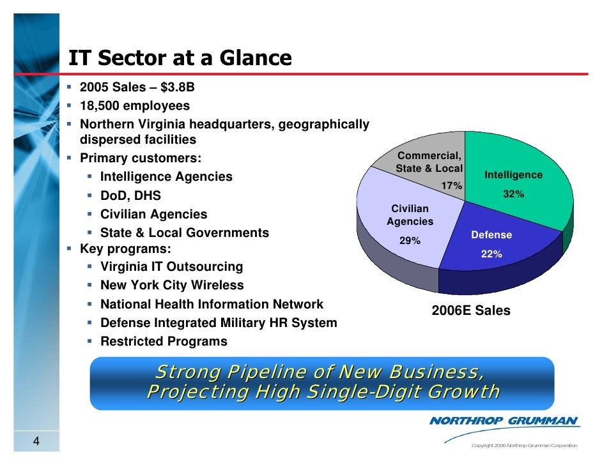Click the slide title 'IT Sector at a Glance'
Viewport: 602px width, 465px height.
point(180,59)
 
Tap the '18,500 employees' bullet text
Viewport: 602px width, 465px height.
point(134,105)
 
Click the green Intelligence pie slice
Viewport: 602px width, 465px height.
point(524,160)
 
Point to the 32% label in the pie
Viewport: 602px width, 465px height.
point(513,194)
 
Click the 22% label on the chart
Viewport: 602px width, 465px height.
point(491,254)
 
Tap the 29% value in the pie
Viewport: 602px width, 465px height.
point(410,241)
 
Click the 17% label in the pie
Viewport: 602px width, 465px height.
point(452,185)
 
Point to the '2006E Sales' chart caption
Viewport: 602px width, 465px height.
point(471,311)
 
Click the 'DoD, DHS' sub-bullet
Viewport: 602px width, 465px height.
point(130,195)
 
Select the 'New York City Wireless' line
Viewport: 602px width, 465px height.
point(172,286)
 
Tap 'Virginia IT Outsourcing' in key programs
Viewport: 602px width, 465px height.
point(171,267)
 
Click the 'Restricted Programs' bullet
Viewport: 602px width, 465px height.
point(164,342)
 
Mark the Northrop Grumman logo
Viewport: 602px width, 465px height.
point(504,421)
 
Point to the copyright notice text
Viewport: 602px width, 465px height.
point(523,445)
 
